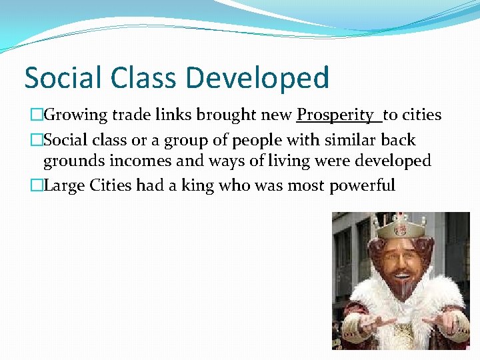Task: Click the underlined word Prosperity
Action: (x=335, y=115)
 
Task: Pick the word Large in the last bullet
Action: (x=62, y=185)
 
